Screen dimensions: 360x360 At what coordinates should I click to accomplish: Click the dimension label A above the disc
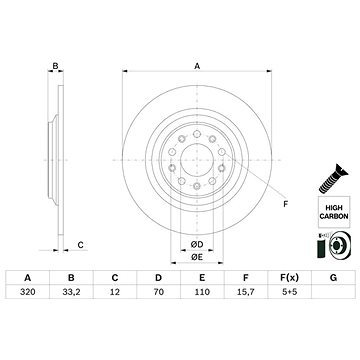click(x=197, y=65)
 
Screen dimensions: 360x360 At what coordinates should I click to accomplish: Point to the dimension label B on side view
click(x=56, y=66)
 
